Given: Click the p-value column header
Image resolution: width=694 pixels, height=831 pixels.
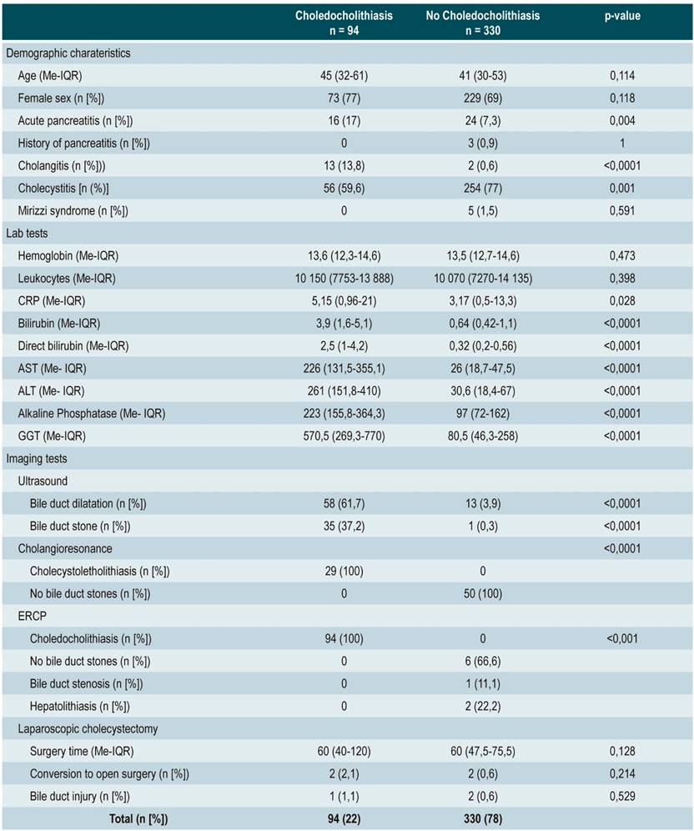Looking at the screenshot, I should pos(622,15).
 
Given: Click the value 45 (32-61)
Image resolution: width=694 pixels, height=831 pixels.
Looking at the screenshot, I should pos(344,75).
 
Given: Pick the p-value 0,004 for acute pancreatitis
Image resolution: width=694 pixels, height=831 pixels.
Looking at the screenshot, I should pos(622,120).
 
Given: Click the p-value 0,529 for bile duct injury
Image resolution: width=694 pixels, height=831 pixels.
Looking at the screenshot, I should pos(622,796).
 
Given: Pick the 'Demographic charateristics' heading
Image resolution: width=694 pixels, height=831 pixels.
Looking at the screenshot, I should pos(68,53).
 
